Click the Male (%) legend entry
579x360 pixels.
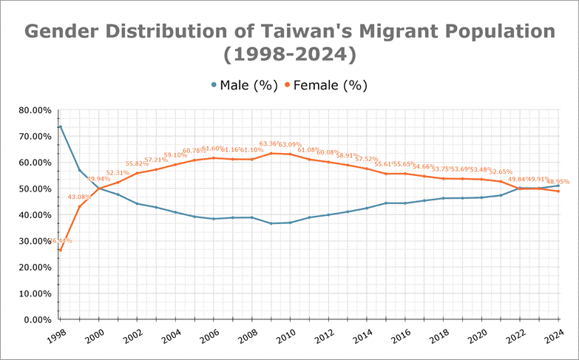(x=243, y=85)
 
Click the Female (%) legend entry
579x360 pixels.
(x=325, y=85)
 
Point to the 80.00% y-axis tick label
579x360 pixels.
(x=34, y=110)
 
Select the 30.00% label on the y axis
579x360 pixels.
(x=34, y=241)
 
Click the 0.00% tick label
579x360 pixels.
(x=36, y=319)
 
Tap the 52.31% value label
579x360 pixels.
(x=118, y=173)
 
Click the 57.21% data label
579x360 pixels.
(x=157, y=160)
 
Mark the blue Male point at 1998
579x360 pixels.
(x=60, y=126)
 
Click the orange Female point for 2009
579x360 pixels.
(x=271, y=153)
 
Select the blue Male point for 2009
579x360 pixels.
(x=271, y=223)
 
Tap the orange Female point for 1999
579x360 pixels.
(x=79, y=206)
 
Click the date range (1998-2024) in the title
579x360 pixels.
(x=289, y=54)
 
